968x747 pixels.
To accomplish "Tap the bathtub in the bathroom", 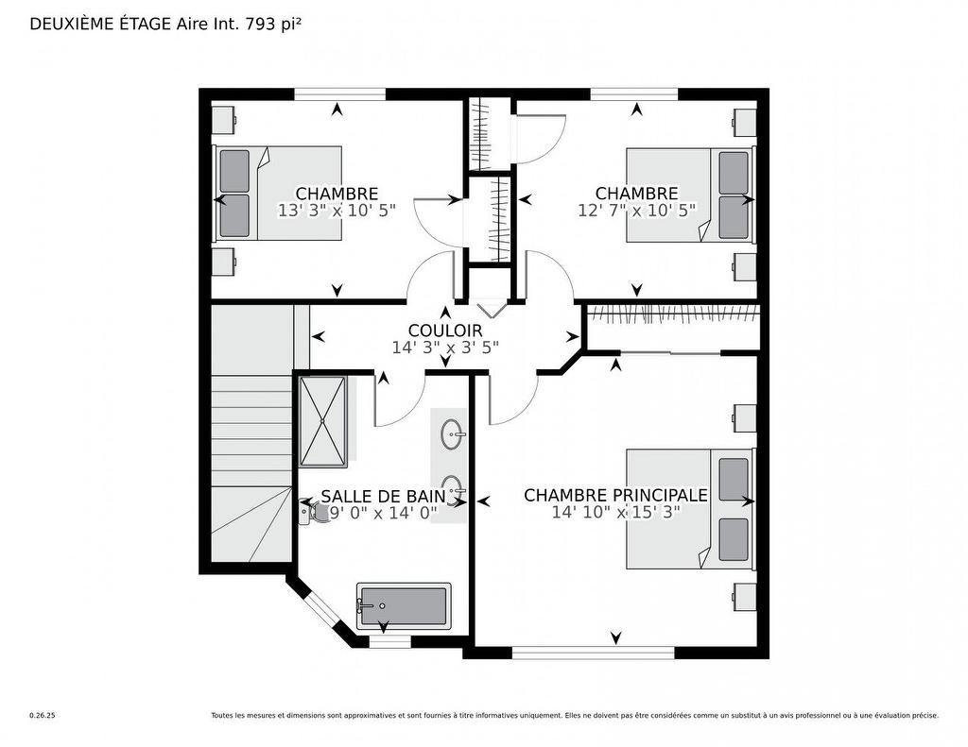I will [x=404, y=606].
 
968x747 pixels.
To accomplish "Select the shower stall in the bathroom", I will [x=323, y=421].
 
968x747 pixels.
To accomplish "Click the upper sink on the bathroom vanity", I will [x=453, y=435].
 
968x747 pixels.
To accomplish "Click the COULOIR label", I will [x=444, y=331].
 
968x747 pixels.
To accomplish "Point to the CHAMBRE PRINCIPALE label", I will [x=615, y=495].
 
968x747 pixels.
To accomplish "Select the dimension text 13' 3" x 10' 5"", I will [x=337, y=211].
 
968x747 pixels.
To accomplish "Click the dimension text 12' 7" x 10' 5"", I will [x=636, y=211].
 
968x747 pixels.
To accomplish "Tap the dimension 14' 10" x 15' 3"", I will [x=615, y=513].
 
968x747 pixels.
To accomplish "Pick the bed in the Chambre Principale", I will [x=689, y=509].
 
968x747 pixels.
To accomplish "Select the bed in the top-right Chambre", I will [x=690, y=194].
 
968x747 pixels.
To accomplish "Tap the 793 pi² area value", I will [x=274, y=25].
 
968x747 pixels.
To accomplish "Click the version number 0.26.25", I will [x=43, y=716].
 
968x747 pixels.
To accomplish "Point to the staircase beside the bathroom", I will [x=251, y=444].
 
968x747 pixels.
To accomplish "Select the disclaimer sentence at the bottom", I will [x=574, y=716].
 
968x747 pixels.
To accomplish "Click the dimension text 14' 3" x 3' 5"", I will [x=444, y=348].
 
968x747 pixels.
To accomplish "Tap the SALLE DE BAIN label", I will [x=382, y=496].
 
